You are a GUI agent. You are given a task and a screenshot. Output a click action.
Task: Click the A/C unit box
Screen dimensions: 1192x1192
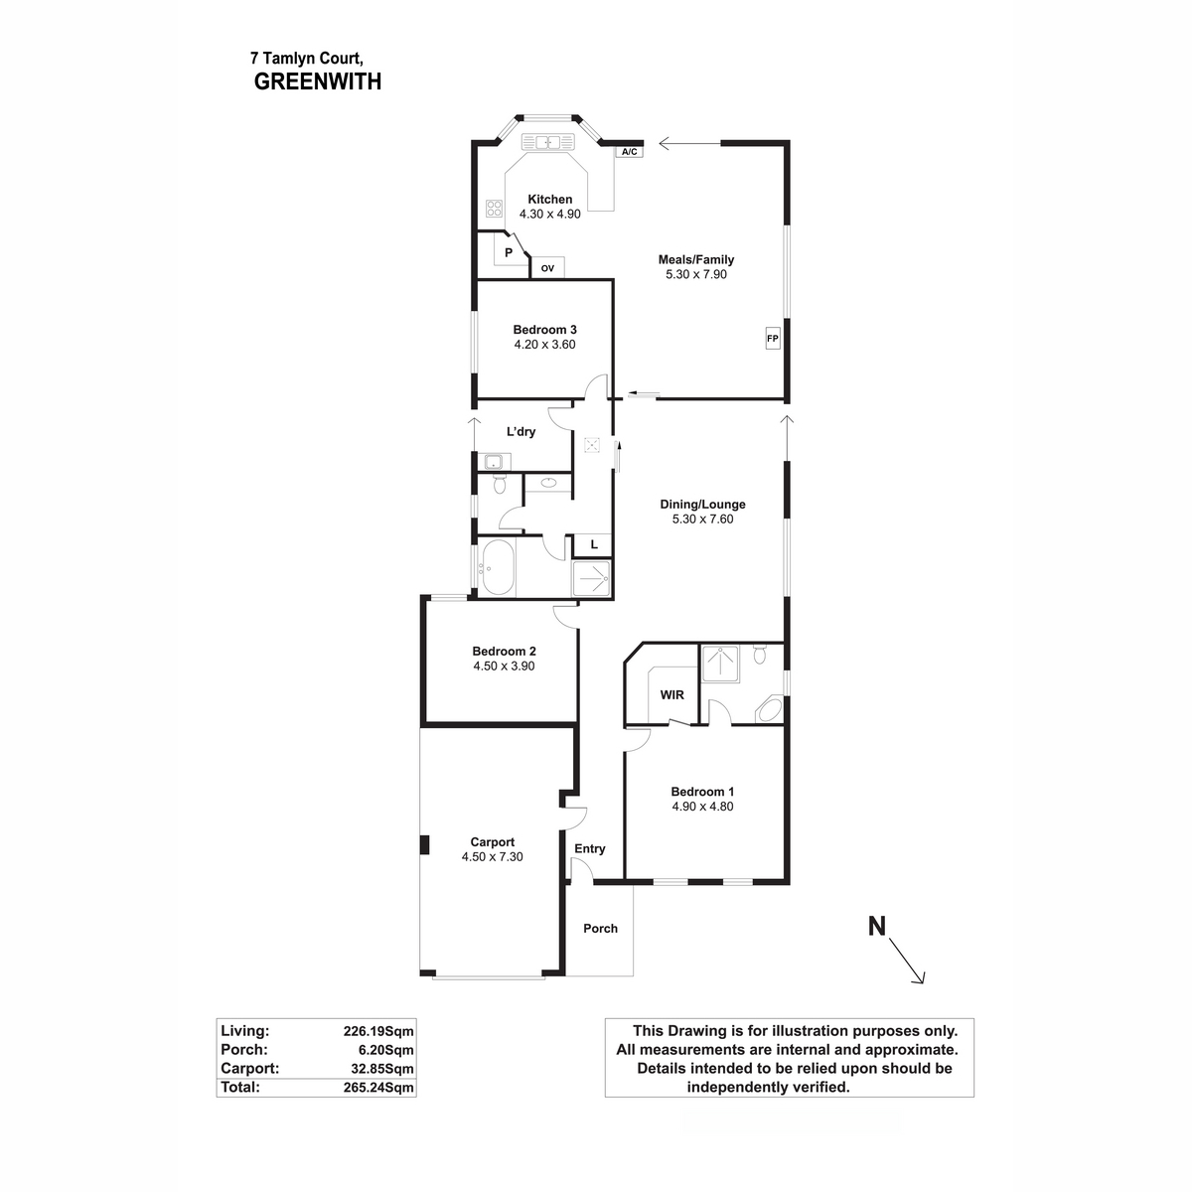coord(628,152)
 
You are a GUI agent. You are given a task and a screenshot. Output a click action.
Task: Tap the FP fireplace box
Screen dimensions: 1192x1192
coord(773,339)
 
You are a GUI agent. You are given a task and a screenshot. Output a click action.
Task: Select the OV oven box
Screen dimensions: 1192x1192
coord(547,267)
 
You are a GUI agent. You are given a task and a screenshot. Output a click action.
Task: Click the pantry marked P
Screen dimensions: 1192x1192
coord(509,252)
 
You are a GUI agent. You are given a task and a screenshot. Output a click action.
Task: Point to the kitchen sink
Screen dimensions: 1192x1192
coord(547,142)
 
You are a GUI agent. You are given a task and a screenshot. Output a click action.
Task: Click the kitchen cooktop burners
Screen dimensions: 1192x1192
coord(494,209)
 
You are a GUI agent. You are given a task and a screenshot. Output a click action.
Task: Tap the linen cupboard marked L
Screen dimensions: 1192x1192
coord(594,544)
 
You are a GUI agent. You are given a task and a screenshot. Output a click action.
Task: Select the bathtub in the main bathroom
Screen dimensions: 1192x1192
coord(496,569)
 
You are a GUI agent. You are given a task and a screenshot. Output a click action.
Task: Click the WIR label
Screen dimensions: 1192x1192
coord(671,694)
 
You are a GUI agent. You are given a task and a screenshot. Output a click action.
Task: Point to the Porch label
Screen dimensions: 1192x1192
coord(600,929)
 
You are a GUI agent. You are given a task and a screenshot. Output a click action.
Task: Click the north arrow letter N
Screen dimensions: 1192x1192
coord(877,927)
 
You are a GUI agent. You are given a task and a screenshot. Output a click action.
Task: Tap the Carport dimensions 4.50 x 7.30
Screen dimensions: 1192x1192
coord(492,856)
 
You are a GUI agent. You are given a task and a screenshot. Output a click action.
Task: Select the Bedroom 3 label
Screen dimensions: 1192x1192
coord(544,330)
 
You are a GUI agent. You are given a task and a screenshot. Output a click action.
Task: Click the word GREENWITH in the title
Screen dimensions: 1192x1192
coord(318,82)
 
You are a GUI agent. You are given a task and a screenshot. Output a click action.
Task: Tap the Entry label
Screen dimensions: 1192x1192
coord(590,848)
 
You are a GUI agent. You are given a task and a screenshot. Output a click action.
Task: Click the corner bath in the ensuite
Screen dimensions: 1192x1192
coord(769,711)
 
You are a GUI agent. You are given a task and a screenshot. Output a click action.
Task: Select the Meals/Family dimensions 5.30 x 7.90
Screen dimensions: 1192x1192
coord(696,274)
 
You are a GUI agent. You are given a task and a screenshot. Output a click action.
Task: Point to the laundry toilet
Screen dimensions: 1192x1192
coord(500,486)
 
